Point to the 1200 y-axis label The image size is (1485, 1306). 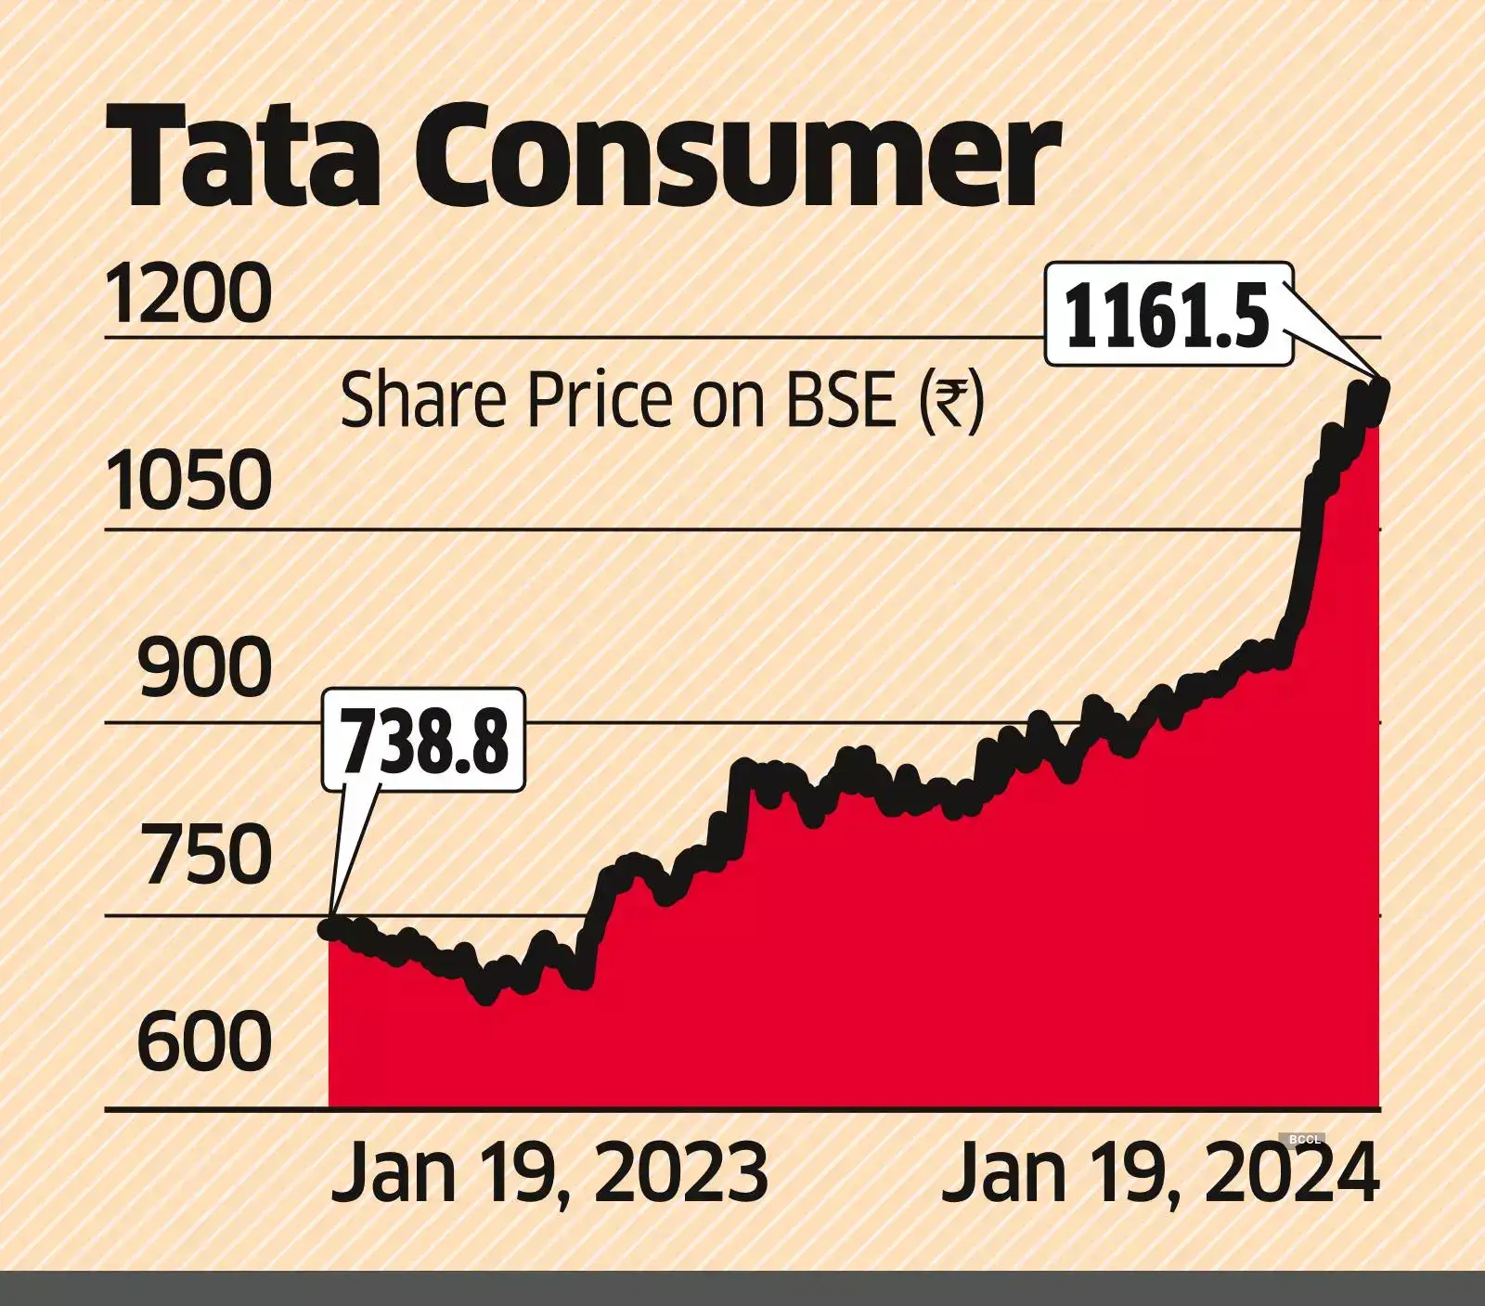click(189, 294)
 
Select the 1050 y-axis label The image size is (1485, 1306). click(189, 482)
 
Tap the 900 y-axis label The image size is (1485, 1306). click(205, 669)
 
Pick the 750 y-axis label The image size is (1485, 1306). click(205, 856)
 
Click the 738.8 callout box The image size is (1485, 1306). click(424, 740)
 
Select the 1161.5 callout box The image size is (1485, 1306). click(1169, 314)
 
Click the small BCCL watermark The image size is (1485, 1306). click(1304, 1139)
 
